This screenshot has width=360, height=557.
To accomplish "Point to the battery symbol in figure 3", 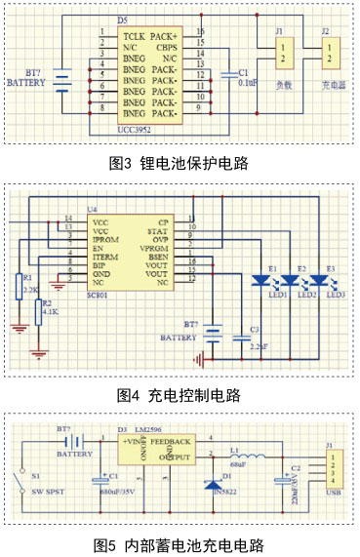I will (63, 77).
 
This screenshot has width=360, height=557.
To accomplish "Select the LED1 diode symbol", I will (260, 281).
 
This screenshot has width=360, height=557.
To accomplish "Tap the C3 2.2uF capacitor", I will (240, 336).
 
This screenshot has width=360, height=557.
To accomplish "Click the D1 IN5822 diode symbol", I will (211, 485).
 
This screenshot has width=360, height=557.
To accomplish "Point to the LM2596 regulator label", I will (161, 429).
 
